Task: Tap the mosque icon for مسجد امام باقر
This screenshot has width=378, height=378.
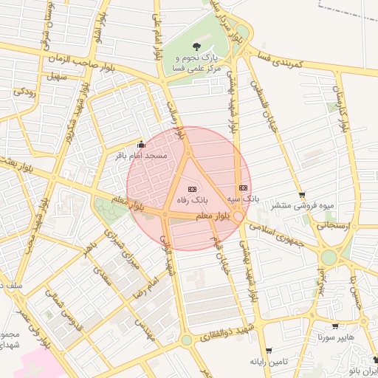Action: (x=142, y=145)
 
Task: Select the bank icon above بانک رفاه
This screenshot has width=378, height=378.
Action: (x=193, y=189)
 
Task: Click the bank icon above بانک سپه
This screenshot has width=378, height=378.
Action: (x=243, y=188)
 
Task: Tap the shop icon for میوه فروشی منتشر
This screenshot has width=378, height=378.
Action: (x=301, y=195)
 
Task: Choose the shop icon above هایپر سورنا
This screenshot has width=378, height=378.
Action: (x=335, y=326)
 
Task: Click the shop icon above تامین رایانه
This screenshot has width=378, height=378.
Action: (x=269, y=351)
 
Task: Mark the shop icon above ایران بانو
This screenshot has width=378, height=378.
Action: (x=375, y=360)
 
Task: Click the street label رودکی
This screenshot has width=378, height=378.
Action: (x=25, y=92)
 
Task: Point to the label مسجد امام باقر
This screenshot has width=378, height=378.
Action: (x=142, y=156)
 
